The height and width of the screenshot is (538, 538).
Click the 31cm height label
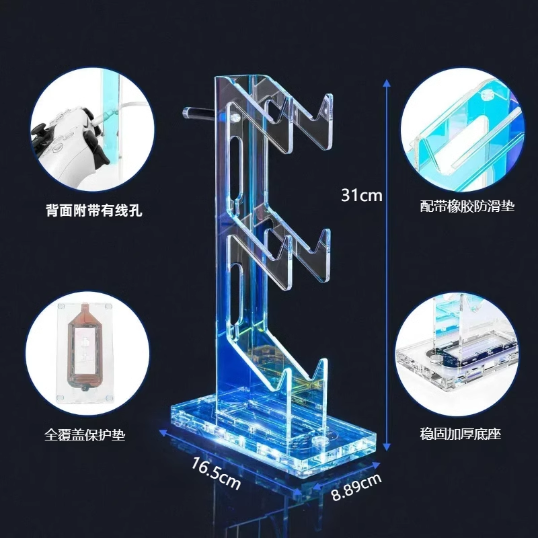coord(361,196)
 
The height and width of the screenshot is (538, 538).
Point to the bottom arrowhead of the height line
coord(387,447)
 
